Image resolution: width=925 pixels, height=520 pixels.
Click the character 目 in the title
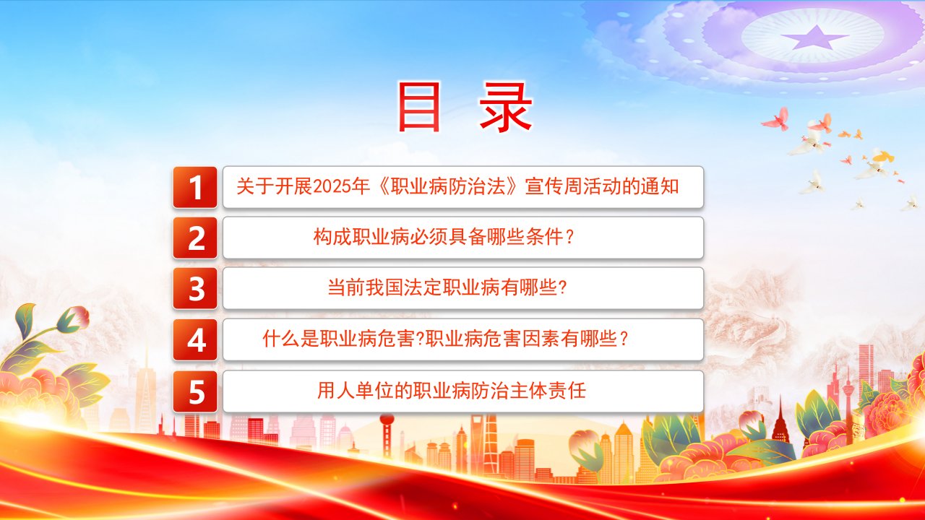(x=418, y=106)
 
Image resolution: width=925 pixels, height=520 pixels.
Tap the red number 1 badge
(x=195, y=187)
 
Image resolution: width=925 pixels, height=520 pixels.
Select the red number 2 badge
(x=195, y=238)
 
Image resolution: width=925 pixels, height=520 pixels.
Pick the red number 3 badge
(x=195, y=288)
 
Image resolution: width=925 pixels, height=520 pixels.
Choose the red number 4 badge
(x=195, y=339)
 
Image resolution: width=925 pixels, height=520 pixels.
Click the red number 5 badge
(x=195, y=391)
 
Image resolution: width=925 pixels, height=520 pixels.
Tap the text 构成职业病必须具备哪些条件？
(x=444, y=237)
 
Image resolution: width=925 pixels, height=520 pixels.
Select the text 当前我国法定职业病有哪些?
(x=447, y=287)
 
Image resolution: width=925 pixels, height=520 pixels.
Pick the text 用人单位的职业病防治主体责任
(x=452, y=391)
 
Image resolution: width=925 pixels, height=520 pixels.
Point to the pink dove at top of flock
(x=776, y=119)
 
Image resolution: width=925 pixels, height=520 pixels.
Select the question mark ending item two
(x=569, y=237)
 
